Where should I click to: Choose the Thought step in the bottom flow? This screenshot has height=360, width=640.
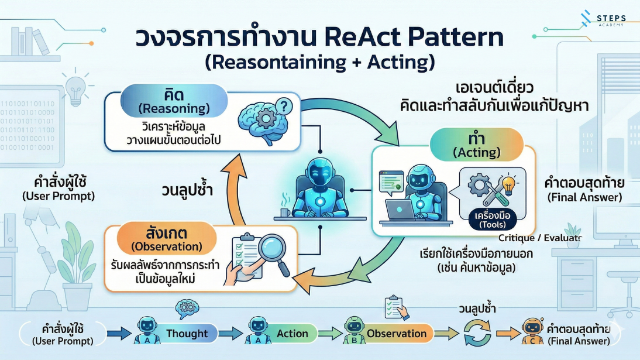[x=187, y=334]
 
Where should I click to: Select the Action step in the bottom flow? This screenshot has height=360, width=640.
[x=292, y=334]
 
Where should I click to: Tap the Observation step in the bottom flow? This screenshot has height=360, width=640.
[x=396, y=334]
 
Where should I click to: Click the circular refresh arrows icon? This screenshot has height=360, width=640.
[x=475, y=334]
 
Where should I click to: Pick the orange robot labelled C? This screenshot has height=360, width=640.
[x=531, y=332]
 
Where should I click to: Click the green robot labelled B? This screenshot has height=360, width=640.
[x=353, y=332]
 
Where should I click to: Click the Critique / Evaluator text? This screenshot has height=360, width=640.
[x=540, y=238]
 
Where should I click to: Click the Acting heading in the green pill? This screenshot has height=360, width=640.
[x=477, y=153]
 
